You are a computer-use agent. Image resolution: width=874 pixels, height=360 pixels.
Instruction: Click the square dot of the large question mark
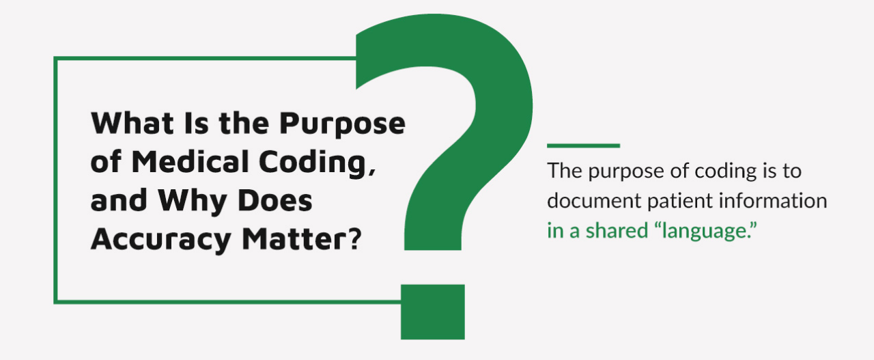pyautogui.click(x=432, y=311)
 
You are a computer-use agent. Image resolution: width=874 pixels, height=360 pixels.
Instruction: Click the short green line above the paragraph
pyautogui.click(x=583, y=146)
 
